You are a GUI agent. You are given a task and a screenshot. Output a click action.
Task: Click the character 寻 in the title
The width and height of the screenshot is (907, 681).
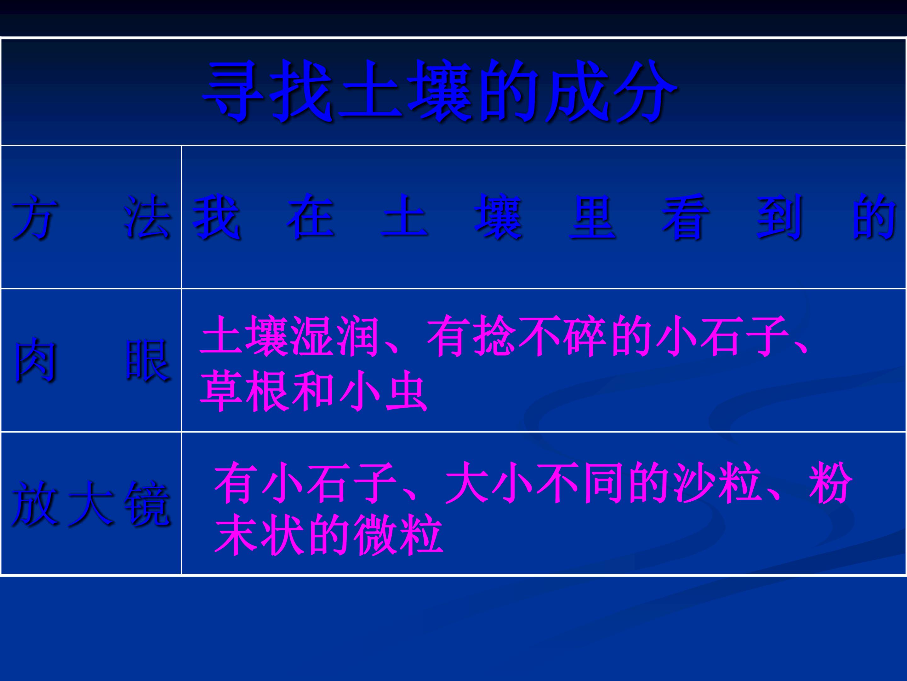click(233, 91)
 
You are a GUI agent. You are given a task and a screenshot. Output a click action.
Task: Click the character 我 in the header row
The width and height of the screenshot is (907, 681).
click(216, 217)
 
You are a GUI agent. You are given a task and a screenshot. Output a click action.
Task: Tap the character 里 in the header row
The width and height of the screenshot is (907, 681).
click(592, 217)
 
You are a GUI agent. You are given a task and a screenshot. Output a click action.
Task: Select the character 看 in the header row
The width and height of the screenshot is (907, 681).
click(686, 217)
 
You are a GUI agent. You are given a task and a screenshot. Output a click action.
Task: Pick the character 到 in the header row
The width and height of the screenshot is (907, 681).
click(779, 217)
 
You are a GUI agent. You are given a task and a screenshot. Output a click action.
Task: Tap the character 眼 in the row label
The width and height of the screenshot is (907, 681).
click(148, 360)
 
